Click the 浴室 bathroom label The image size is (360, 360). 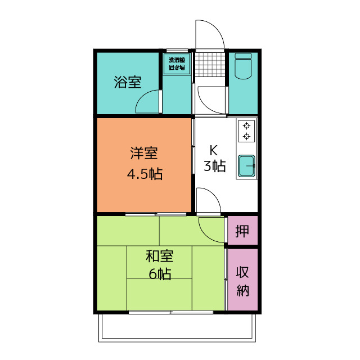point(127,82)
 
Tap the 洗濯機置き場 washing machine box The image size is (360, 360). point(177,64)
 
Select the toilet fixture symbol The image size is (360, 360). point(243,67)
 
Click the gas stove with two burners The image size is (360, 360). point(246,131)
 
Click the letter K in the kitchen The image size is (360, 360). point(214,150)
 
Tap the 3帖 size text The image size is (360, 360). point(214,166)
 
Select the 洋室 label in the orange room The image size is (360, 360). point(144,154)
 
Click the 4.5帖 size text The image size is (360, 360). point(144,174)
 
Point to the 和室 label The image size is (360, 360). point(159,256)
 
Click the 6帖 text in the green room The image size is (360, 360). point(160,274)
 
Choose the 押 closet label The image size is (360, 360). point(242,231)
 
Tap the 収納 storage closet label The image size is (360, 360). point(242,282)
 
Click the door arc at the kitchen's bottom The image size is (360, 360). point(208,200)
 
